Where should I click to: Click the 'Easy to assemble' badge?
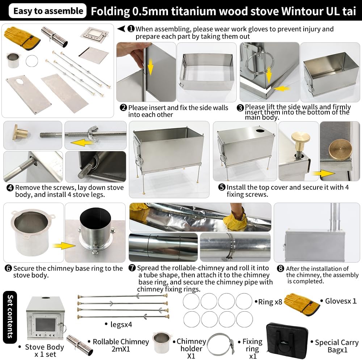pyautogui.click(x=48, y=11)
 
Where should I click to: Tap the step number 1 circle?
pyautogui.click(x=131, y=29)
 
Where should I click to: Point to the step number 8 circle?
pyautogui.click(x=280, y=268)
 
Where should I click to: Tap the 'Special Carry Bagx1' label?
pyautogui.click(x=336, y=346)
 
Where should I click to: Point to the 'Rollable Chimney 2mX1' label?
pyautogui.click(x=121, y=346)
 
